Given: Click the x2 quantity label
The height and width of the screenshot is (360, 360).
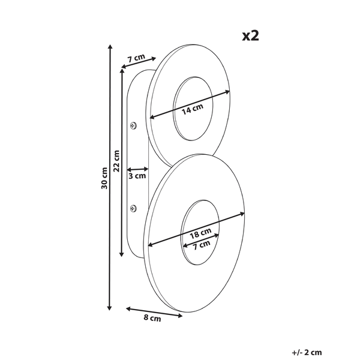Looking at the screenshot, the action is click(250, 36).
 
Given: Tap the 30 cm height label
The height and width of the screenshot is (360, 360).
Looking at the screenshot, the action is click(104, 178).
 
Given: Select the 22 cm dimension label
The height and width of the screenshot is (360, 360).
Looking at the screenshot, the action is click(116, 161).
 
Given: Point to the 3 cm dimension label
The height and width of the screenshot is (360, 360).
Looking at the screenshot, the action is click(137, 176).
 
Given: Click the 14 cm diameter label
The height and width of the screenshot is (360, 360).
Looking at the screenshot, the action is click(193, 109).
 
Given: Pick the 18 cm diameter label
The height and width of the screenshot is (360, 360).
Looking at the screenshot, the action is click(200, 233).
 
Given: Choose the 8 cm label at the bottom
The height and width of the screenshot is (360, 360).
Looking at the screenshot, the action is click(152, 318).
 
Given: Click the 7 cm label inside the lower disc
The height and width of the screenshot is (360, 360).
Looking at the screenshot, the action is click(202, 245).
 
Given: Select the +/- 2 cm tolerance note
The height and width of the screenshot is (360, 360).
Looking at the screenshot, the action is click(307, 352).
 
